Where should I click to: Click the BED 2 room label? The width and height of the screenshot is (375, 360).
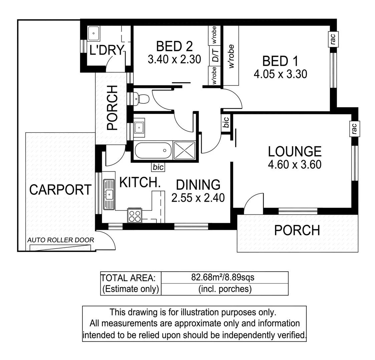pos(174,46)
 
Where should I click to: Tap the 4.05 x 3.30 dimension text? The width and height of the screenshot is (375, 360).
pos(280,74)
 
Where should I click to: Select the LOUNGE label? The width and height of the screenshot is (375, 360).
pos(295,151)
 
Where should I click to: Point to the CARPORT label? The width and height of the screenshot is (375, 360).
pos(60,190)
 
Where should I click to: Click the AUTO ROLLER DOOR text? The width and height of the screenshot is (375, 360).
pos(60,240)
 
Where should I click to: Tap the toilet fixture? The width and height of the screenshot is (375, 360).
pos(142,99)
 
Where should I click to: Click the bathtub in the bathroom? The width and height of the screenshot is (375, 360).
pos(153,151)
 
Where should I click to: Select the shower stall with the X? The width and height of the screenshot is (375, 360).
pos(184,150)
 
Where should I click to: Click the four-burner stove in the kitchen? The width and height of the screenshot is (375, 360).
pos(135,216)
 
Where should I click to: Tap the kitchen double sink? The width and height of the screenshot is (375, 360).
pos(109,194)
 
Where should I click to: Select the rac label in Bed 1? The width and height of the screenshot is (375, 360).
pos(333,39)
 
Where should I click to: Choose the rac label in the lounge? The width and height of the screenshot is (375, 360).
pos(354,128)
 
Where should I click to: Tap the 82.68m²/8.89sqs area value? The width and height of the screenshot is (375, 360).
pos(224,277)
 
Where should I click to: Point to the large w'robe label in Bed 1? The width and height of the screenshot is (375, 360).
pos(231,57)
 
